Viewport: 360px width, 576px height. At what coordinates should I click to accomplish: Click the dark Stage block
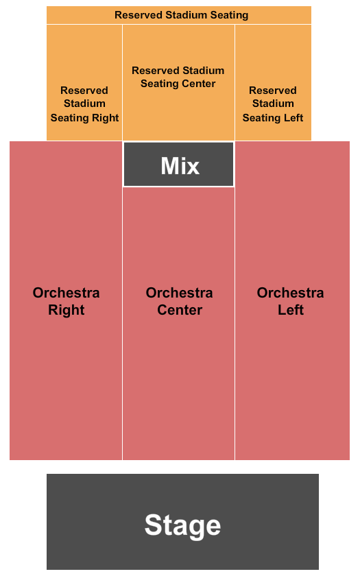182,522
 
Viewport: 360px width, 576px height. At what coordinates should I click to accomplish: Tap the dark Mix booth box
178,164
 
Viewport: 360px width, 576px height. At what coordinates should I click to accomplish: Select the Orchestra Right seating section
66,300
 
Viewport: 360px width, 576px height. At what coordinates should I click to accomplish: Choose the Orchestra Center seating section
178,323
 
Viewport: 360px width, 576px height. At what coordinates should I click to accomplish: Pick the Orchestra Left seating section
292,300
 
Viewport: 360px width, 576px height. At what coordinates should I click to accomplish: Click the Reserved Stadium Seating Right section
84,83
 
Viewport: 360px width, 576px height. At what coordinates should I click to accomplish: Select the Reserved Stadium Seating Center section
178,83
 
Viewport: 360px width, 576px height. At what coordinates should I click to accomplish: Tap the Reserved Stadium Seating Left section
273,83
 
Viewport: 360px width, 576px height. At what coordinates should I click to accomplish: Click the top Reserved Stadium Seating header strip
179,15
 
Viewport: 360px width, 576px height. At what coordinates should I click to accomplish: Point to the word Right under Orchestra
66,310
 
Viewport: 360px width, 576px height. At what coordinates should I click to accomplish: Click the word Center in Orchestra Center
180,310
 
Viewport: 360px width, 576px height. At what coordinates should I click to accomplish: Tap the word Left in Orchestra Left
291,310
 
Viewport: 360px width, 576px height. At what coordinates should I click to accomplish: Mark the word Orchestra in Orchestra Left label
290,293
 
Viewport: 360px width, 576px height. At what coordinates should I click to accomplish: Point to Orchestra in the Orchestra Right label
66,293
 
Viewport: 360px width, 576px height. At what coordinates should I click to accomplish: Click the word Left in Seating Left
293,117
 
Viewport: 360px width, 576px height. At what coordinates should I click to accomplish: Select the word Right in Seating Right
105,118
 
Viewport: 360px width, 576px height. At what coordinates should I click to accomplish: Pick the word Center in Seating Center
198,84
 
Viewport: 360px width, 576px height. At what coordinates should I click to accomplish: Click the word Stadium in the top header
187,15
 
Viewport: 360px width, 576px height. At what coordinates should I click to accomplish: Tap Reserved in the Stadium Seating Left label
273,91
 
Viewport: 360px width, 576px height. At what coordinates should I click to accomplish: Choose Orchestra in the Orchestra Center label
179,293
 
